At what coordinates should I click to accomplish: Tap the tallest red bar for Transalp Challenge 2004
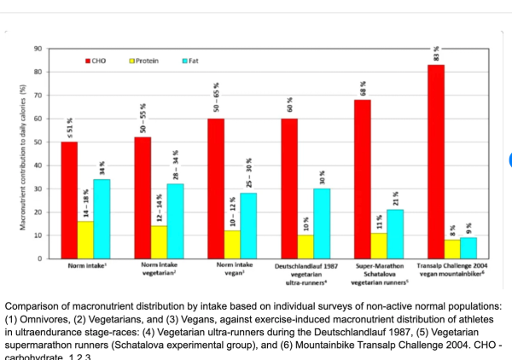(436, 161)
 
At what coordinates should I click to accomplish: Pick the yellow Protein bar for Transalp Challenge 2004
(452, 248)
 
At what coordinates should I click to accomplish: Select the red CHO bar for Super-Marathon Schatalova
(363, 178)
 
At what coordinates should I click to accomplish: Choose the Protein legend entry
(146, 61)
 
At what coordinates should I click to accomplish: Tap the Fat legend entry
(192, 61)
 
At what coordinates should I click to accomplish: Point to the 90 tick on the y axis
(38, 49)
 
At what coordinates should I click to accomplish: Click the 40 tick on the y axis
(38, 165)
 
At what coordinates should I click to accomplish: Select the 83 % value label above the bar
(436, 53)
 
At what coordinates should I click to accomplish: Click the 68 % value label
(363, 87)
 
